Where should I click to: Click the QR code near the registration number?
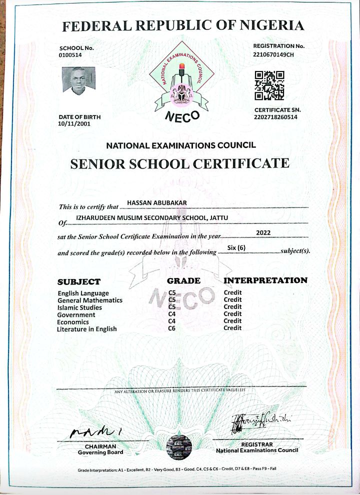(x=269, y=85)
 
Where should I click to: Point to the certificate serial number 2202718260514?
(x=275, y=117)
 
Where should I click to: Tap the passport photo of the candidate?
(x=78, y=81)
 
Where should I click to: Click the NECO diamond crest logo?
(x=182, y=80)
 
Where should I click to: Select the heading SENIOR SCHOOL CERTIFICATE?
(x=180, y=163)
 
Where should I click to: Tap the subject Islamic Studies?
(x=80, y=307)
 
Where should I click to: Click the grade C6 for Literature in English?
(x=172, y=328)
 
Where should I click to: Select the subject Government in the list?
(x=76, y=314)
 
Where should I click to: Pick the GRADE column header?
(x=183, y=281)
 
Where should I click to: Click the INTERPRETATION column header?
(x=265, y=280)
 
